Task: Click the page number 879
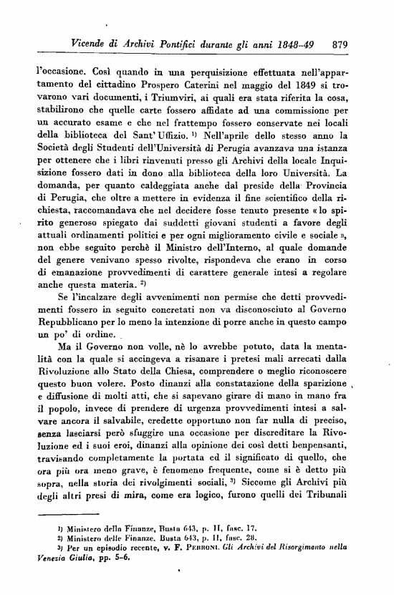[x=340, y=44]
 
